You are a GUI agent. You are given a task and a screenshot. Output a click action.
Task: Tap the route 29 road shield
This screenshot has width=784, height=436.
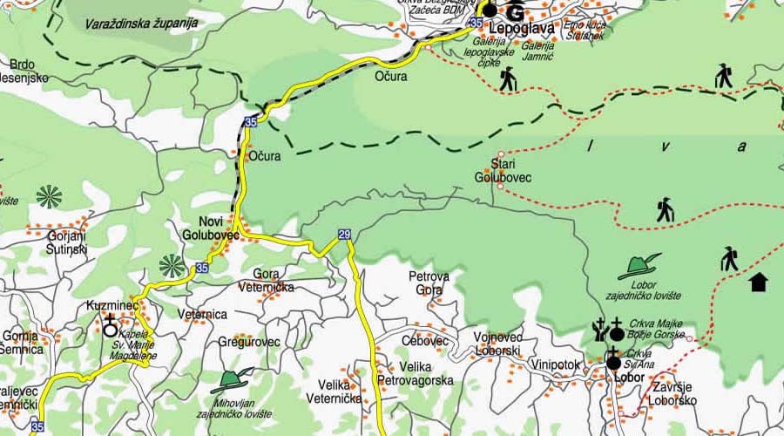[344, 234]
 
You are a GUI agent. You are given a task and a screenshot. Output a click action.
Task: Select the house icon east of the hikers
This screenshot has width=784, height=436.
[758, 282]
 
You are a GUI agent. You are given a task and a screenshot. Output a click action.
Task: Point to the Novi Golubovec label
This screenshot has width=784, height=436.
[210, 228]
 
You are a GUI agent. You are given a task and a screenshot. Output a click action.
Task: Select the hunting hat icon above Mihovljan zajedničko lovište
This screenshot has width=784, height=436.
[235, 379]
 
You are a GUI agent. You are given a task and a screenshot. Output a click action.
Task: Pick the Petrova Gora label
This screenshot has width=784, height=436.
[429, 283]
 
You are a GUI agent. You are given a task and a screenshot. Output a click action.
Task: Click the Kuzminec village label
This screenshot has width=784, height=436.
[112, 306]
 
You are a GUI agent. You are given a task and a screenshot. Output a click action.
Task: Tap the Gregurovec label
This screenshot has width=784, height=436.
[249, 342]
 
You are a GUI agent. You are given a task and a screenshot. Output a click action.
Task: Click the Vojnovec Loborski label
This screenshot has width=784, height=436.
[498, 343]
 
